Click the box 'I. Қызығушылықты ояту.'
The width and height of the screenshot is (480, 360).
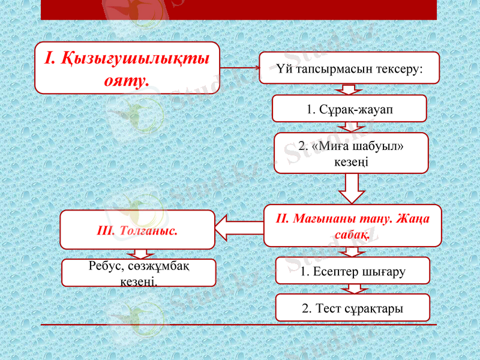tap(127, 68)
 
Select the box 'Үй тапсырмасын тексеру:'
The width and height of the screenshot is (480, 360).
tap(349, 68)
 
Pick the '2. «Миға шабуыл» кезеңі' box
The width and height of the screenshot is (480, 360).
tap(351, 153)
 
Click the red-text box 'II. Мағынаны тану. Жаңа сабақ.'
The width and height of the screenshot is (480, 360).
tap(352, 226)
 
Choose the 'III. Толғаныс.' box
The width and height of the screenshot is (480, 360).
tap(137, 230)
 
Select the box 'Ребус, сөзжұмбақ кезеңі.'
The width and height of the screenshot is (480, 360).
tap(139, 272)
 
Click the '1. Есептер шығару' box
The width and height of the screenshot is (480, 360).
tap(353, 271)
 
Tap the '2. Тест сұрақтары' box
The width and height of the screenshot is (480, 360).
tap(353, 308)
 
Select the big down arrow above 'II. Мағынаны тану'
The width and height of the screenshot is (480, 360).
tap(352, 190)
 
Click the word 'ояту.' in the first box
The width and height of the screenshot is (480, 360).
tap(127, 79)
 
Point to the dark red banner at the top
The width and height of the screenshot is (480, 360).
tap(238, 9)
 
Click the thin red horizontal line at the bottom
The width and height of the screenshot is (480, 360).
tap(238, 325)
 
